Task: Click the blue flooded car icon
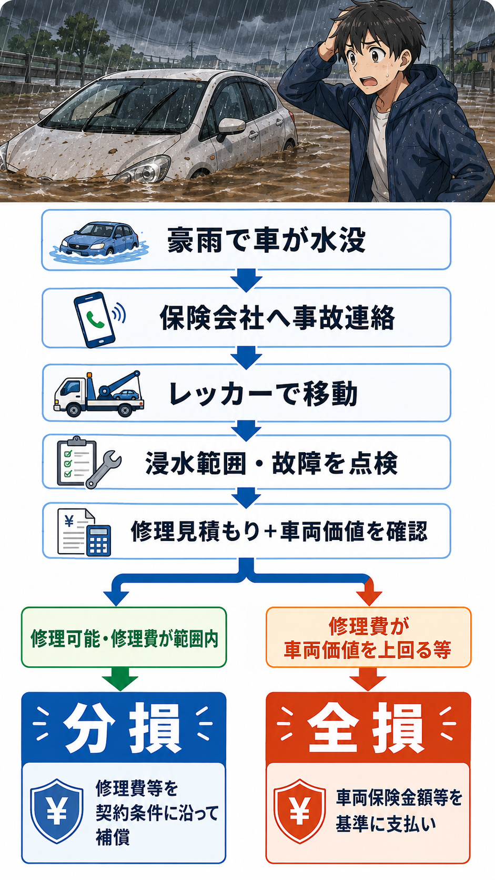pyautogui.click(x=100, y=241)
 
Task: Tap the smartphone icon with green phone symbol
pyautogui.click(x=97, y=319)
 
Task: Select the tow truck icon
pyautogui.click(x=99, y=394)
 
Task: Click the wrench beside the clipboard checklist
pyautogui.click(x=104, y=469)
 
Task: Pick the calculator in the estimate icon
pyautogui.click(x=98, y=541)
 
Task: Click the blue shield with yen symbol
pyautogui.click(x=56, y=811)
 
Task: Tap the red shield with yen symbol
pyautogui.click(x=299, y=811)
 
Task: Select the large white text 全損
pyautogui.click(x=366, y=729)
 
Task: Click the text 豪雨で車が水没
pyautogui.click(x=266, y=240)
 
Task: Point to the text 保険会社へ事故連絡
pyautogui.click(x=277, y=318)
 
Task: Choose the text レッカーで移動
pyautogui.click(x=263, y=394)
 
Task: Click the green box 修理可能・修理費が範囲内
pyautogui.click(x=124, y=637)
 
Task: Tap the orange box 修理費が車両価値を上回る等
pyautogui.click(x=368, y=637)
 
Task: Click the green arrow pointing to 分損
pyautogui.click(x=120, y=679)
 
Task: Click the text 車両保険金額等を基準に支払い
pyautogui.click(x=399, y=811)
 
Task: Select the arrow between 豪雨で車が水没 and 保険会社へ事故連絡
pyautogui.click(x=246, y=279)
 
